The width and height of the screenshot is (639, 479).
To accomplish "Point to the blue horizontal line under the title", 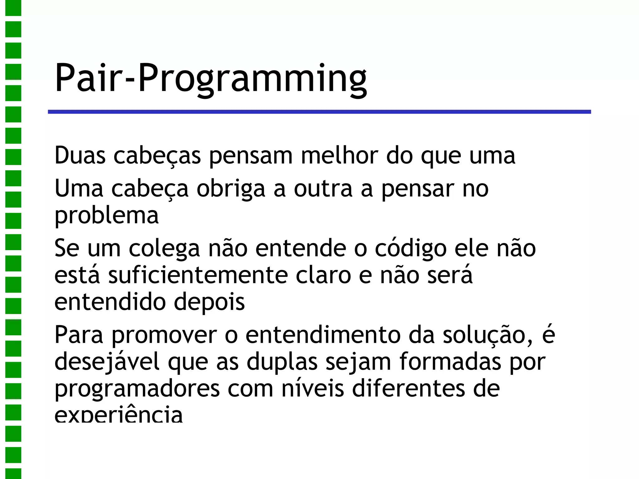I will pyautogui.click(x=319, y=112).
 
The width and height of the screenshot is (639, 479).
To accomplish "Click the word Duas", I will pyautogui.click(x=80, y=155).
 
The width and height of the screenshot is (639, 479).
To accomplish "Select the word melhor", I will pyautogui.click(x=339, y=155).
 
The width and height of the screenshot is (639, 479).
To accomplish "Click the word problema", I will pyautogui.click(x=106, y=216).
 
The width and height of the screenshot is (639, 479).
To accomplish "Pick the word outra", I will pyautogui.click(x=323, y=189).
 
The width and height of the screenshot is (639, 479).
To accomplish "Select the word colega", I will pyautogui.click(x=164, y=249).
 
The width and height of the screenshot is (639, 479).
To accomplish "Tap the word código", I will pyautogui.click(x=411, y=249).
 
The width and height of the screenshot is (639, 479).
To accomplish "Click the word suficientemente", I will pyautogui.click(x=198, y=275).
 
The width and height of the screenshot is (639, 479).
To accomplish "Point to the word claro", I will pyautogui.click(x=323, y=275).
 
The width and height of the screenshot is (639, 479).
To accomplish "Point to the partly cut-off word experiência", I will pyautogui.click(x=119, y=415).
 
